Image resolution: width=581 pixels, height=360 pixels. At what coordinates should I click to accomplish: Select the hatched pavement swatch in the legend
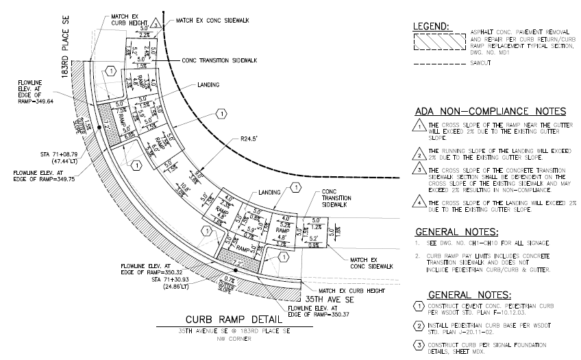click(x=438, y=42)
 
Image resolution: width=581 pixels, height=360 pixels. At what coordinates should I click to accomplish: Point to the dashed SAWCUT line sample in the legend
click(x=438, y=65)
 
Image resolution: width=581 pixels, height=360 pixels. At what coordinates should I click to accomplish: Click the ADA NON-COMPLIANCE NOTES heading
click(x=490, y=111)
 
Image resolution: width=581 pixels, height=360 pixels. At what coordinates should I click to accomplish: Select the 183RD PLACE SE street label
click(x=66, y=51)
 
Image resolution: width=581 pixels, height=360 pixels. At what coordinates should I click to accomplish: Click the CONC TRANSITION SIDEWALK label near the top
click(x=219, y=60)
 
